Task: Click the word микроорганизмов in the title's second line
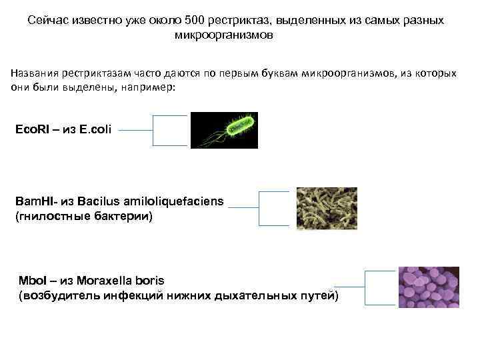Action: coord(223,35)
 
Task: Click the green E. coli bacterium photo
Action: coord(223,130)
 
